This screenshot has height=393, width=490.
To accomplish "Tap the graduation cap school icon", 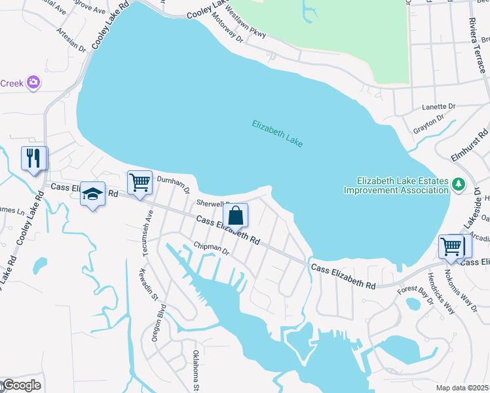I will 92,195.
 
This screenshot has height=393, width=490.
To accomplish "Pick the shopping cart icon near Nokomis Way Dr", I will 451,248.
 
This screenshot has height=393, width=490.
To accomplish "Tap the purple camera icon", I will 34,83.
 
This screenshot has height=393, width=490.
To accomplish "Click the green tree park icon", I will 459,183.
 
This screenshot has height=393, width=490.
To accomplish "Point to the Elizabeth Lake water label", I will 277,133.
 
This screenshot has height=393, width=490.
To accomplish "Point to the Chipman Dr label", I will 210,250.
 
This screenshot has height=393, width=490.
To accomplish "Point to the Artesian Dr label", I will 71,39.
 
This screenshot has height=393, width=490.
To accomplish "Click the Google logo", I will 22,385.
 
